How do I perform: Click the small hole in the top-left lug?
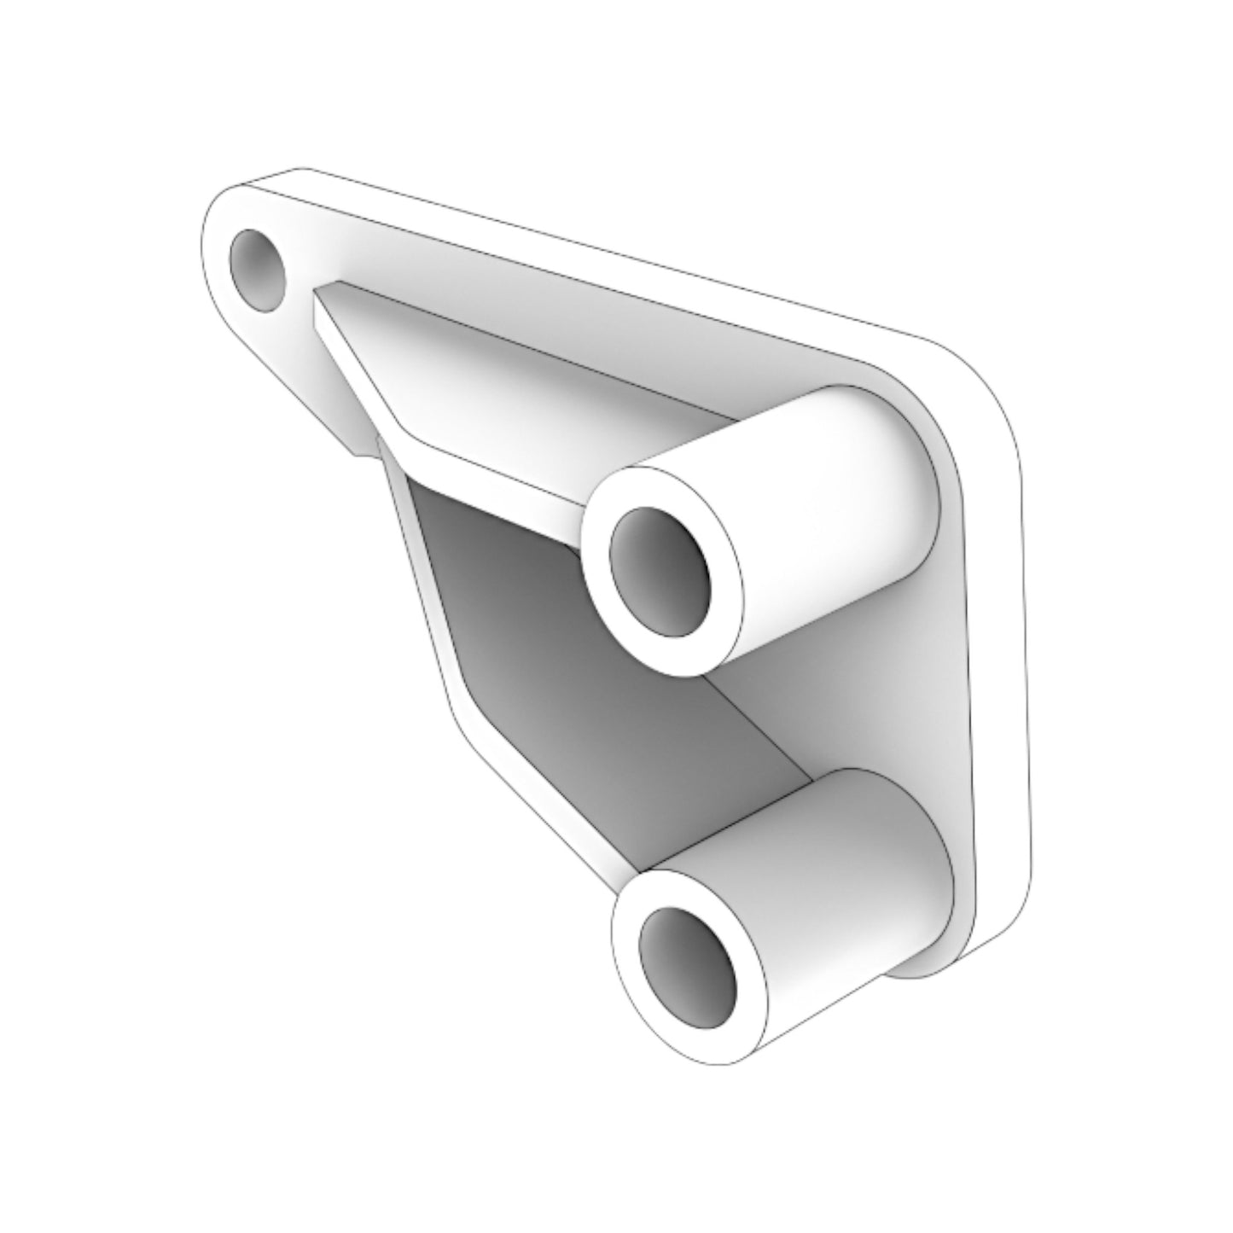point(259,269)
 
